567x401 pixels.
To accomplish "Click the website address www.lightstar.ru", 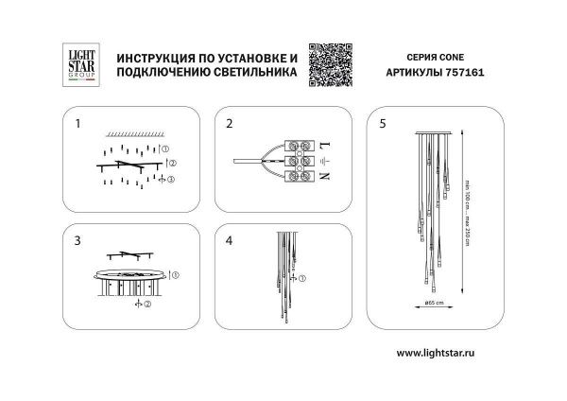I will tap(447, 351).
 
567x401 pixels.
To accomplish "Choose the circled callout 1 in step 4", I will tap(302, 279).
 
